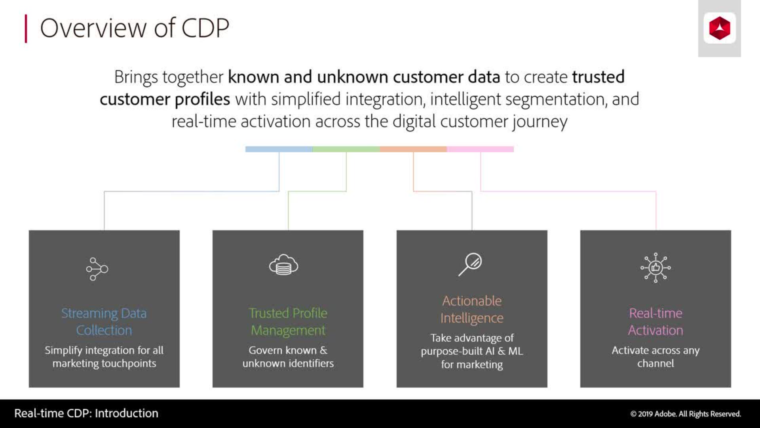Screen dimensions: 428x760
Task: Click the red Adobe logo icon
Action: [719, 28]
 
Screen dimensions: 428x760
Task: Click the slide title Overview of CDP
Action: [134, 28]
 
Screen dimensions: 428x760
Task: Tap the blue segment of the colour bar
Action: [279, 149]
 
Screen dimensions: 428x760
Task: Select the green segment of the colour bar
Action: [346, 149]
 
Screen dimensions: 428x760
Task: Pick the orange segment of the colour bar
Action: [413, 149]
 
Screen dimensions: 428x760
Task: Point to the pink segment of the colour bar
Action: [480, 149]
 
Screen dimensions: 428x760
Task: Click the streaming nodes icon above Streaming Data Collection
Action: [97, 269]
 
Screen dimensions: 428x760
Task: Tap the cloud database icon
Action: [283, 265]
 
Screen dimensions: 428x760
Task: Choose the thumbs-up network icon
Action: [655, 267]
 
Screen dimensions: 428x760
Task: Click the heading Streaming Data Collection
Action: [104, 321]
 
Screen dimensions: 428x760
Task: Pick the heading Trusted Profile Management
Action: [288, 321]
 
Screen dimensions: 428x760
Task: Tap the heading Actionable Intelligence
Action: [472, 309]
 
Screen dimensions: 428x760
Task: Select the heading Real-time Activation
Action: [655, 321]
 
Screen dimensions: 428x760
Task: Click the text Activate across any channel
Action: [655, 357]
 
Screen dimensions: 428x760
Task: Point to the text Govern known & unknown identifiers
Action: [288, 357]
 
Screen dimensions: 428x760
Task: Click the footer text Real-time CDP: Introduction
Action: [86, 413]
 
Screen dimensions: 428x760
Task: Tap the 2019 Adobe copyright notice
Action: [685, 414]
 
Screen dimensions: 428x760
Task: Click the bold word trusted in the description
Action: [598, 77]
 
